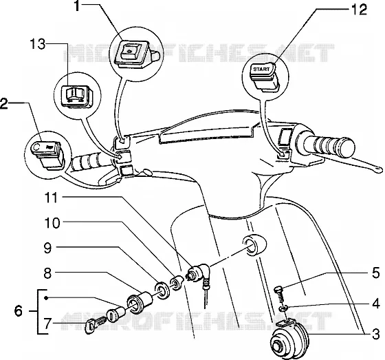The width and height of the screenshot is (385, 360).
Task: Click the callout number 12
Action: click(x=359, y=10)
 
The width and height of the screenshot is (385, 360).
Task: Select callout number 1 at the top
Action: click(x=77, y=6)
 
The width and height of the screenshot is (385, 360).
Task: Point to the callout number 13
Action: click(x=38, y=45)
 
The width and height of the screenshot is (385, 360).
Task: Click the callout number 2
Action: click(x=4, y=103)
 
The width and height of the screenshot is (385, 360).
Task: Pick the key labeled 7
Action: click(x=96, y=325)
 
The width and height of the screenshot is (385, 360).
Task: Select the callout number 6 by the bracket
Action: click(x=19, y=311)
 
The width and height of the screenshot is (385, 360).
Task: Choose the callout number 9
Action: click(x=47, y=248)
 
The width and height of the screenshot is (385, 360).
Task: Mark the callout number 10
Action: click(x=52, y=223)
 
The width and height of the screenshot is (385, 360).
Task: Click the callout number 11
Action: click(x=52, y=198)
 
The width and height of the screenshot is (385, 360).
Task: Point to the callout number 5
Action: click(x=376, y=273)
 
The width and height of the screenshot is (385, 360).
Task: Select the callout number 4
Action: click(x=376, y=304)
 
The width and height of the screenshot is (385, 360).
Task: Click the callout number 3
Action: click(x=376, y=335)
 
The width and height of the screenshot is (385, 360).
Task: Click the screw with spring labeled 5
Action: click(x=279, y=295)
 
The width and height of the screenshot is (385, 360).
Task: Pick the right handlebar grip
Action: click(x=330, y=147)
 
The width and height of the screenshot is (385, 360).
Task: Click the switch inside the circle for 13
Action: click(x=76, y=96)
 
